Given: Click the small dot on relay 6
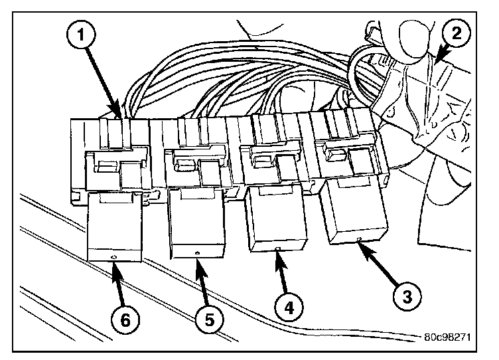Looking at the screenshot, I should pos(113,257).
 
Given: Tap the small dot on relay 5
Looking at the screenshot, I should pos(198,253).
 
